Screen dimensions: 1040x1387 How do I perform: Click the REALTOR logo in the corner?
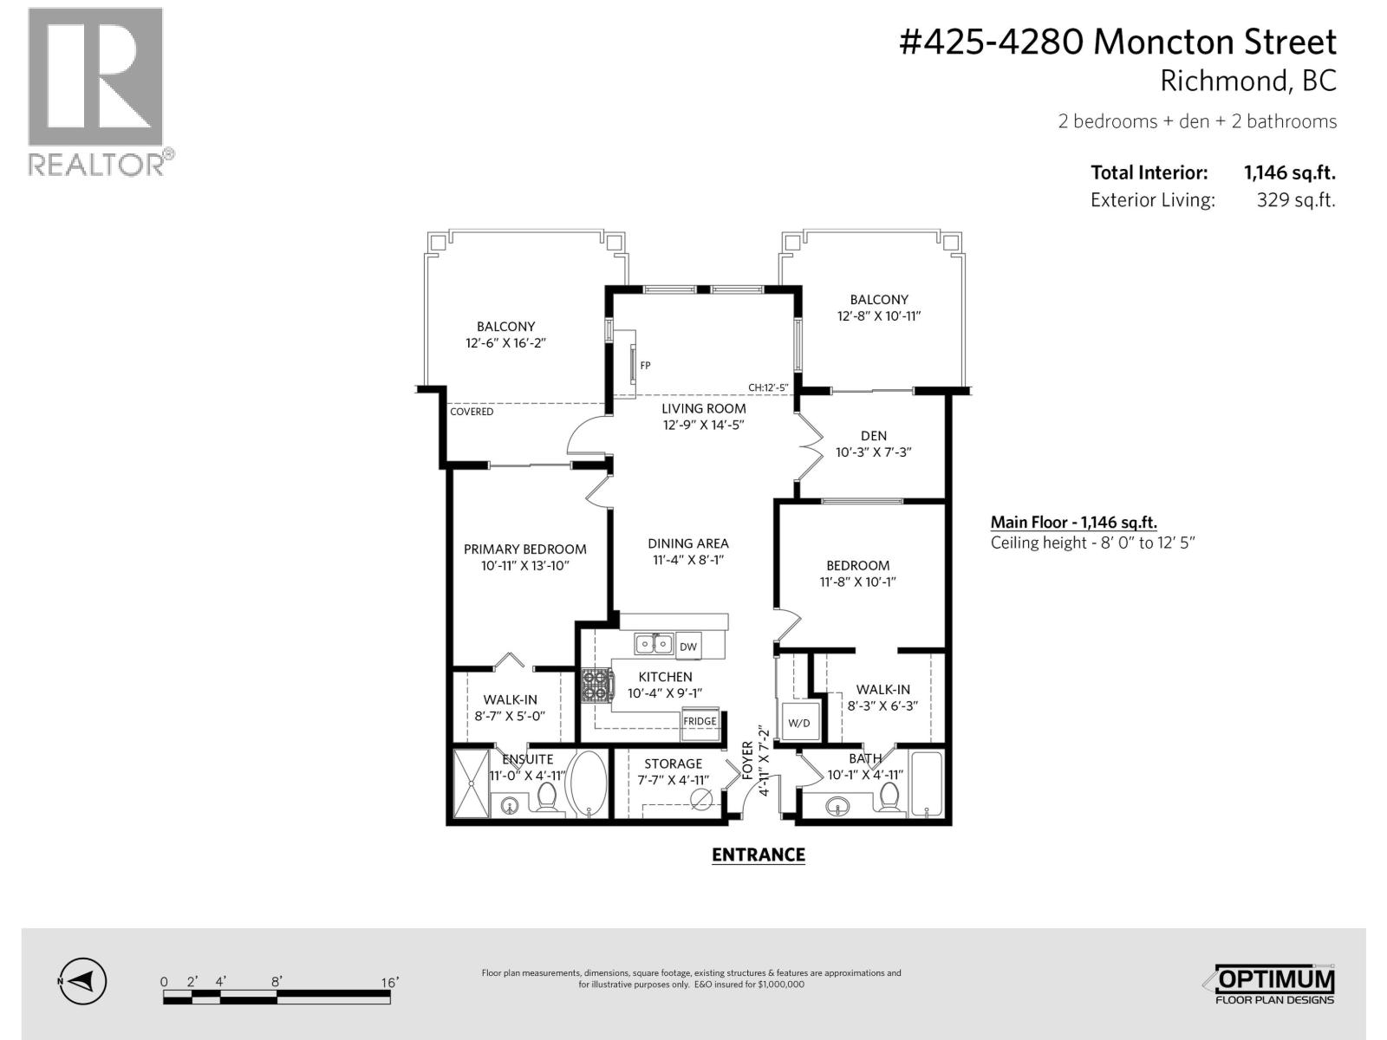[96, 91]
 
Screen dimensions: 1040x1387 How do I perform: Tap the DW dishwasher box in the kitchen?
[687, 647]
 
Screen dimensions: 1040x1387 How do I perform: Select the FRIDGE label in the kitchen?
[700, 721]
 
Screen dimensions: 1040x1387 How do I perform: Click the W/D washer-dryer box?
[798, 723]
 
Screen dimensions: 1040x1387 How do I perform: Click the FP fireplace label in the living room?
[645, 366]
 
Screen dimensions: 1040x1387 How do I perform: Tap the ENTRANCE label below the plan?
[758, 855]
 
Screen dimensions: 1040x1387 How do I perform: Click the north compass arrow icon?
[83, 982]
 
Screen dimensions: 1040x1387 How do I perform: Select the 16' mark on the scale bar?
[389, 982]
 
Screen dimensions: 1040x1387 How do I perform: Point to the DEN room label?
[873, 436]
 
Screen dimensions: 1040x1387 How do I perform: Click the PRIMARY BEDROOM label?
[524, 549]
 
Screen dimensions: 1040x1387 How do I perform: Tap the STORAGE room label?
[673, 764]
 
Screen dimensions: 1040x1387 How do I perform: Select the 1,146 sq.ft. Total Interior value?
[1289, 172]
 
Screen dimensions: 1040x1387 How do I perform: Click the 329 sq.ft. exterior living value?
[1295, 200]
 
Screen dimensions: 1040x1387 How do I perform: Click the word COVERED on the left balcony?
[472, 412]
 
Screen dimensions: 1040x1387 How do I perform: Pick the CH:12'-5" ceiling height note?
[768, 388]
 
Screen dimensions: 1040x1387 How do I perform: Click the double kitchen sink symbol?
[653, 644]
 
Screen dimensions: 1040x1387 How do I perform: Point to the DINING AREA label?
[688, 543]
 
